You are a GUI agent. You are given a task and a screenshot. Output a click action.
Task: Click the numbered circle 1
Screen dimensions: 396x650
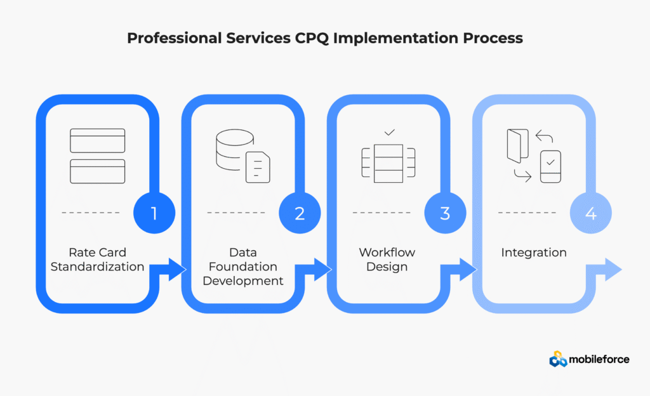(154, 213)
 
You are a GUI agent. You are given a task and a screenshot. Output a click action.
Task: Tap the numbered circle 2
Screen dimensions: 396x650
(300, 213)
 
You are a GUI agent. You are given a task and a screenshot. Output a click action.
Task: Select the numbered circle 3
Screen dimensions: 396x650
(445, 213)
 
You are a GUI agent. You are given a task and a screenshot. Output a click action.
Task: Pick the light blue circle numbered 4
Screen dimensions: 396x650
(590, 213)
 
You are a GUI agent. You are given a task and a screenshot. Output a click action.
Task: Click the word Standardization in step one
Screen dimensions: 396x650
(97, 267)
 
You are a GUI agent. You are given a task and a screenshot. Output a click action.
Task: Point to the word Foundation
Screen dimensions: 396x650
(243, 267)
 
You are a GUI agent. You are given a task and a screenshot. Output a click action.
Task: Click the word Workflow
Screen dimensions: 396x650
(387, 253)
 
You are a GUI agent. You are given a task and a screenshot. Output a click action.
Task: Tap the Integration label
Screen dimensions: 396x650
(533, 253)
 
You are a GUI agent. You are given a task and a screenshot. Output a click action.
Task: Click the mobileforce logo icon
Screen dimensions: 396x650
(559, 359)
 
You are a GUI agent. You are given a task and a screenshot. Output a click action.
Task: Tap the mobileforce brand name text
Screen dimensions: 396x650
(599, 359)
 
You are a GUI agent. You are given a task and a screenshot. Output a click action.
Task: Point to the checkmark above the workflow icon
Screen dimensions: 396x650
(390, 132)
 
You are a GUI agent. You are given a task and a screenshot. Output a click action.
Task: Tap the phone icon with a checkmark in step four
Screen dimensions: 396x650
(550, 166)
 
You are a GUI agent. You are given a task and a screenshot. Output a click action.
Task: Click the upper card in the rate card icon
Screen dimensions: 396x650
(97, 140)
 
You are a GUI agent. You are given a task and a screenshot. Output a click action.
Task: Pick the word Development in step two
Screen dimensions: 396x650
(243, 280)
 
